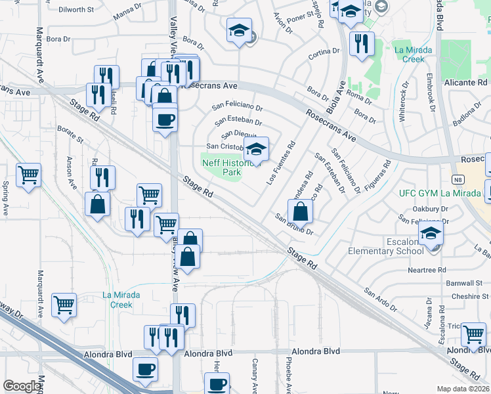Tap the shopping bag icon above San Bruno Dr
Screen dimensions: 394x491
point(300,211)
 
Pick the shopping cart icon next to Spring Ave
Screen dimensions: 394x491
point(28,176)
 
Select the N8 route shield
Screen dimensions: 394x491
point(459,179)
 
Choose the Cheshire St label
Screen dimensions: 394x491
point(465,296)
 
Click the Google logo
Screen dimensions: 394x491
point(22,387)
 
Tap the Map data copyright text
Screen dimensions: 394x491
point(463,389)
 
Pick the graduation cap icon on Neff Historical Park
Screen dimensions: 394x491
point(257,148)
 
